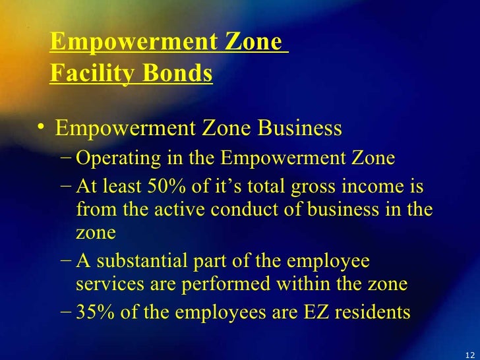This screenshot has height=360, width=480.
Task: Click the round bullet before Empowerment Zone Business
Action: coord(42,127)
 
